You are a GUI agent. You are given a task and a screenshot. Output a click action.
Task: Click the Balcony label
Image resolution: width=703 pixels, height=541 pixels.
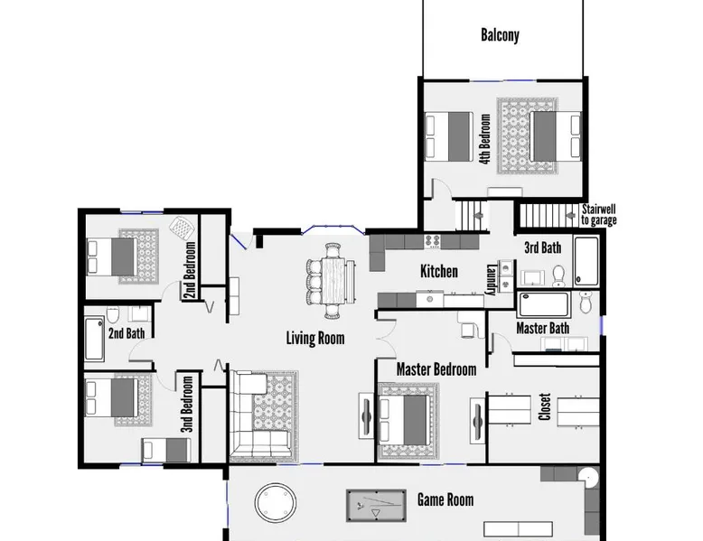tap(500, 35)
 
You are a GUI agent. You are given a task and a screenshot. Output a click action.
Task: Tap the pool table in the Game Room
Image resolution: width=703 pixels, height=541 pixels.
tap(376, 506)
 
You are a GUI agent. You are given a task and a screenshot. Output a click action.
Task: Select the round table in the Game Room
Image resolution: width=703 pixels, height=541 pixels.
tap(276, 502)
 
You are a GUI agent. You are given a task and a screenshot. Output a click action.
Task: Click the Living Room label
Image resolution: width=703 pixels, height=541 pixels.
tap(315, 338)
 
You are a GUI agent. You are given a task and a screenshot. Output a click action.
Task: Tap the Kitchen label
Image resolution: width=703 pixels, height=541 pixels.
tap(439, 271)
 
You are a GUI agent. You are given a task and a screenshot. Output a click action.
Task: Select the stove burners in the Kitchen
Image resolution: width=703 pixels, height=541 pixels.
tap(433, 240)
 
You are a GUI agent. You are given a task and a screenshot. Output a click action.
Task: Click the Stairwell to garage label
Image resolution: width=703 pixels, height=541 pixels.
tap(599, 215)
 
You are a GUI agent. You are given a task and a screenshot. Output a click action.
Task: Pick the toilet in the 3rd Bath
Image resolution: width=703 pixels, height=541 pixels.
tap(558, 276)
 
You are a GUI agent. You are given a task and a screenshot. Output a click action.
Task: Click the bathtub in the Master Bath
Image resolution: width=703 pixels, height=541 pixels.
tap(543, 304)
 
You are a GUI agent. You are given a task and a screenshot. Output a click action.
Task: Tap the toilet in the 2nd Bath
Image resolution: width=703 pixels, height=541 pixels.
tap(112, 315)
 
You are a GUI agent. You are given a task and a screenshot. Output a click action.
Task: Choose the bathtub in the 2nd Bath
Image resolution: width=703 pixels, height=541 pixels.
tap(95, 339)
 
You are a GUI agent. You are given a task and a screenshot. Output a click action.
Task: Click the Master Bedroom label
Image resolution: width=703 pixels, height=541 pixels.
tap(436, 369)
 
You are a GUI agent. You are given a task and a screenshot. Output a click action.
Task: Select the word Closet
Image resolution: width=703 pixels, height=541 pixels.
tap(544, 407)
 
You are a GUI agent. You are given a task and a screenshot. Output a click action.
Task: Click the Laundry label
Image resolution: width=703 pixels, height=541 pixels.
tap(491, 280)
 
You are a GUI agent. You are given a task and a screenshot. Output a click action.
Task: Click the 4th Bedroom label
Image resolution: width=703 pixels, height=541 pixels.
tap(484, 139)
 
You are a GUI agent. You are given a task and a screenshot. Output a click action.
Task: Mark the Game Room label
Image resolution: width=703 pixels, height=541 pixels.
tap(445, 499)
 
